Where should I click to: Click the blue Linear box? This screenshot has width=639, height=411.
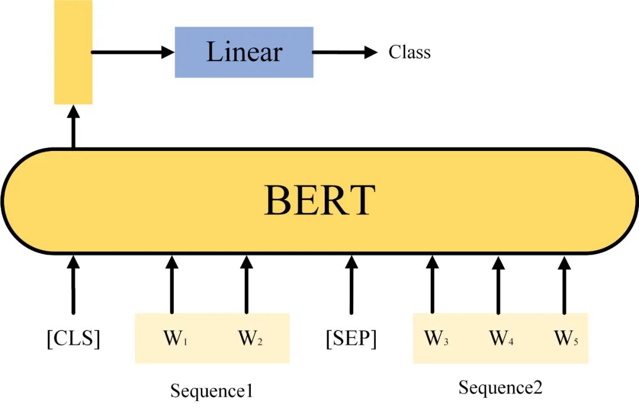[x=244, y=52]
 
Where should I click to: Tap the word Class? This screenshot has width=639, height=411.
[x=409, y=52]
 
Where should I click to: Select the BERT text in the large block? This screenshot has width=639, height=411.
[x=319, y=200]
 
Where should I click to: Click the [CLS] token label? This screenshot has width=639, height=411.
[x=73, y=339]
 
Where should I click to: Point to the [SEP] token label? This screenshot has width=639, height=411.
[x=351, y=339]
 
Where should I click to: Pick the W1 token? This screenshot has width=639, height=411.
[x=172, y=339]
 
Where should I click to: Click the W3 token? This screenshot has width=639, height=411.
[x=436, y=339]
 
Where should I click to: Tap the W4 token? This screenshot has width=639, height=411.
[x=501, y=339]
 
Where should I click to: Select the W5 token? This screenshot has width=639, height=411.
[x=566, y=339]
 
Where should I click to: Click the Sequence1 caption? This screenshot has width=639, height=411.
[x=212, y=391]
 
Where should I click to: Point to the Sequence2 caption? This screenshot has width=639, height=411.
[x=501, y=388]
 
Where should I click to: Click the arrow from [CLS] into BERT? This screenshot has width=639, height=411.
[x=73, y=284]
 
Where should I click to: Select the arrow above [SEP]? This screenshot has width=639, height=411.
[x=351, y=284]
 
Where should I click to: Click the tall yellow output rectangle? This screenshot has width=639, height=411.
[x=73, y=52]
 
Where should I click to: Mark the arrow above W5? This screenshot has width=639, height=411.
[x=564, y=284]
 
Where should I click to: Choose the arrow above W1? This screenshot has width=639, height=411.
[x=172, y=284]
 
